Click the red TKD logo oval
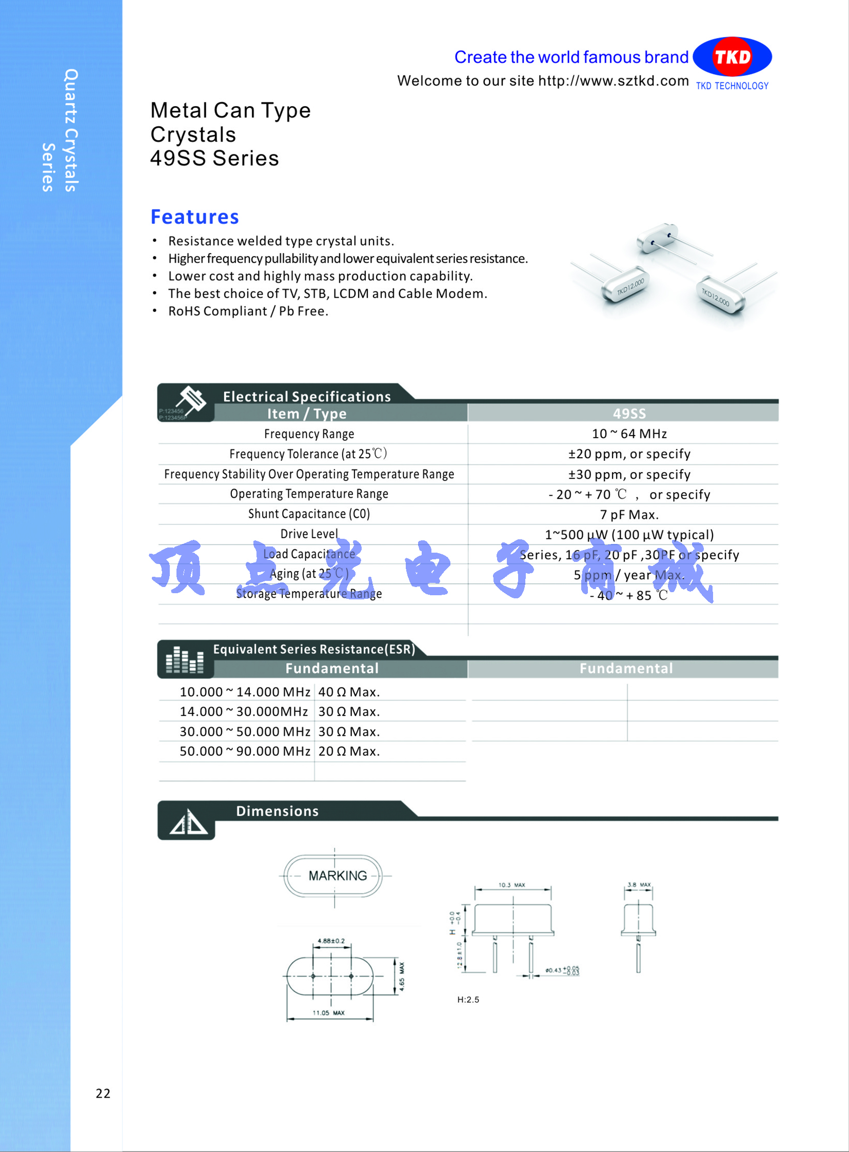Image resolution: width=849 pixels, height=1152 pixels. (x=732, y=56)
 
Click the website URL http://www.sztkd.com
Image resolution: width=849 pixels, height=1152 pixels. (x=613, y=81)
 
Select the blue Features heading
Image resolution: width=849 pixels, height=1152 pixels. (x=195, y=217)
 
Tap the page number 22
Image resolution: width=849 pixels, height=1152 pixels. (x=103, y=1093)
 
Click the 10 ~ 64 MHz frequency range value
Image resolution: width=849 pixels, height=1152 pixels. (x=629, y=434)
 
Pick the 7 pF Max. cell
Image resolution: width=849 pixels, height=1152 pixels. (x=629, y=515)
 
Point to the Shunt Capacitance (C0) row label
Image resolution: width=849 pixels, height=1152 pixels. (x=309, y=514)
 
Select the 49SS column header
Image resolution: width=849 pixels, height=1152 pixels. (x=629, y=414)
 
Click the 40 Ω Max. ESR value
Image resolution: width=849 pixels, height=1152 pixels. (x=349, y=692)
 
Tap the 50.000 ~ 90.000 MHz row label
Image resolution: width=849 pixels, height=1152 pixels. (x=245, y=751)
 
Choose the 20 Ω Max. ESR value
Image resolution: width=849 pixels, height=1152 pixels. (x=349, y=751)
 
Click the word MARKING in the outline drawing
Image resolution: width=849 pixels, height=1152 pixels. (x=338, y=875)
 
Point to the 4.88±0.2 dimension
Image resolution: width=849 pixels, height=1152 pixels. (x=331, y=941)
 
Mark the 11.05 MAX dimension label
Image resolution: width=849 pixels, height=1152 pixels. (x=329, y=1013)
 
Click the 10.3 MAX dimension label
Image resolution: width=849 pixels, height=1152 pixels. (x=512, y=885)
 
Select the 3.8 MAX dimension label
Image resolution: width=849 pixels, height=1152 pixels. (x=639, y=885)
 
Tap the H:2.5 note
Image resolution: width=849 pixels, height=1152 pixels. (x=468, y=999)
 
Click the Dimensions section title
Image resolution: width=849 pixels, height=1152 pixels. (x=277, y=811)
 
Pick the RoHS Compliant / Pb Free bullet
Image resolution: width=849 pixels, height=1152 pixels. (x=248, y=311)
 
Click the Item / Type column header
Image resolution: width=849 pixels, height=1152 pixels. (x=307, y=414)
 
